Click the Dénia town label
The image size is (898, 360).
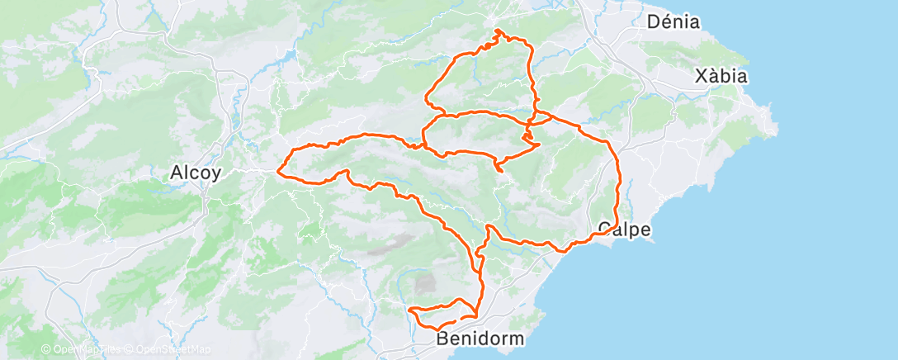(673, 22)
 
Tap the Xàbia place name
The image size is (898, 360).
(721, 76)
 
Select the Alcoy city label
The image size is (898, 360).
(194, 173)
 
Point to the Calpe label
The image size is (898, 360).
(623, 229)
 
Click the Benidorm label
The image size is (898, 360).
(480, 339)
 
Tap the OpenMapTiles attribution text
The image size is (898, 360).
(87, 350)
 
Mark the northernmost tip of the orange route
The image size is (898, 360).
(498, 31)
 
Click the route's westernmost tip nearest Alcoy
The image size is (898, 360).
(279, 173)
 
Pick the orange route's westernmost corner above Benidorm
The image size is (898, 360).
(410, 310)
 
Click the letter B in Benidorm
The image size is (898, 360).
(442, 339)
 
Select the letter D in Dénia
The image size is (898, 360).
(655, 22)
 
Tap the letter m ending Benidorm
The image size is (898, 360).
(515, 339)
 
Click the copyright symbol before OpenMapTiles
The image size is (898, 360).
(45, 350)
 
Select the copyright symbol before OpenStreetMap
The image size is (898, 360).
(130, 350)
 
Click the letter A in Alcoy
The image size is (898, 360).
(175, 173)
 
